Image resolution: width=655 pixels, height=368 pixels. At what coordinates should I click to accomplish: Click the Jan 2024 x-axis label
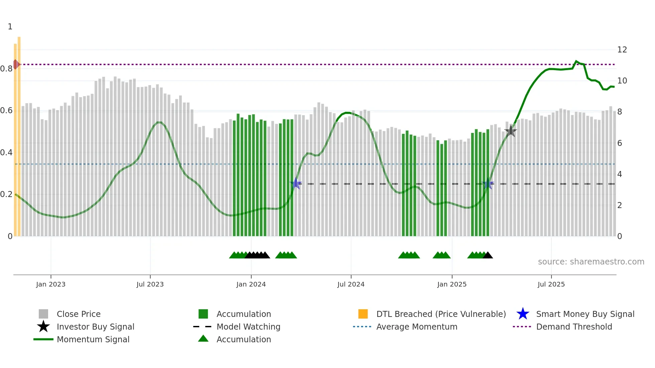251,284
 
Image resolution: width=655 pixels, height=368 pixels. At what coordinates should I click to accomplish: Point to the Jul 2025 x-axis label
551,284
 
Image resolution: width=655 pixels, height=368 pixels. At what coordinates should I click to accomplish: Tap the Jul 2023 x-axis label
150,284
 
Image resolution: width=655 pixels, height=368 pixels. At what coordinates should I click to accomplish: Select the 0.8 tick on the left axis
6,69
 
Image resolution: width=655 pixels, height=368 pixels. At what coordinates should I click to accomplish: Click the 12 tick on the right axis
622,50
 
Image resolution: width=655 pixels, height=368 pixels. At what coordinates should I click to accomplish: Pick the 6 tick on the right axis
620,143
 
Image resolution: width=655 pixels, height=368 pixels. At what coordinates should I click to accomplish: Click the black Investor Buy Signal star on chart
511,131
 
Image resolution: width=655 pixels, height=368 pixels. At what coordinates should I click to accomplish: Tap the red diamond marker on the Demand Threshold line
16,64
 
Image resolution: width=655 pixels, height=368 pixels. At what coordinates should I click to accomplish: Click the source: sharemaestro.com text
591,262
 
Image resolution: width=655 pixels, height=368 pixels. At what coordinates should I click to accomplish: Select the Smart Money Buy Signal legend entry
585,314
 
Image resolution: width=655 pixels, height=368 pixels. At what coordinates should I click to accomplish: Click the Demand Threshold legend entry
574,327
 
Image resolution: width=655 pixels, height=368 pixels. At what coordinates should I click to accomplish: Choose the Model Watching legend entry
248,327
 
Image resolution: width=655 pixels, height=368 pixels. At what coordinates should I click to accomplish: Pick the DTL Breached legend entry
441,314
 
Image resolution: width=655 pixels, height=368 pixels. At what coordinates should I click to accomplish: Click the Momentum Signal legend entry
93,339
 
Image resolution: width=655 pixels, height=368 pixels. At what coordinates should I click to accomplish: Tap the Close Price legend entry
79,314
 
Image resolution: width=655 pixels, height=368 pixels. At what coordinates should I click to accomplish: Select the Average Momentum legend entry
416,327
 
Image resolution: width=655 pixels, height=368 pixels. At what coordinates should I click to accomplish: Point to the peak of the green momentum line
576,61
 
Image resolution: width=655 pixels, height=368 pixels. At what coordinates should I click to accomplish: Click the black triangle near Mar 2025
488,255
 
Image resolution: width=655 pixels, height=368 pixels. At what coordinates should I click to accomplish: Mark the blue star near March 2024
296,183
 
